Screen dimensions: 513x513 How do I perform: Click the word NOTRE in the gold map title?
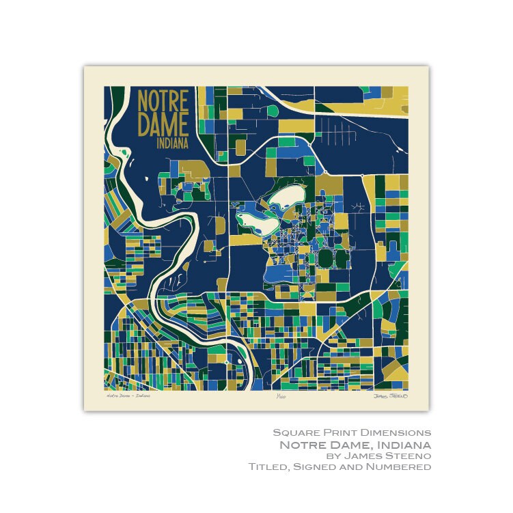[x=163, y=100]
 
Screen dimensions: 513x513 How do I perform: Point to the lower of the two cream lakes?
[x=255, y=220]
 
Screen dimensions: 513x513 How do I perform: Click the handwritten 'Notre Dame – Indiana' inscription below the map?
[x=128, y=395]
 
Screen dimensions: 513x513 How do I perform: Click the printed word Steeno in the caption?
[x=407, y=456]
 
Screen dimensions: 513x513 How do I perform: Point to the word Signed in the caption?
[x=318, y=467]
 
